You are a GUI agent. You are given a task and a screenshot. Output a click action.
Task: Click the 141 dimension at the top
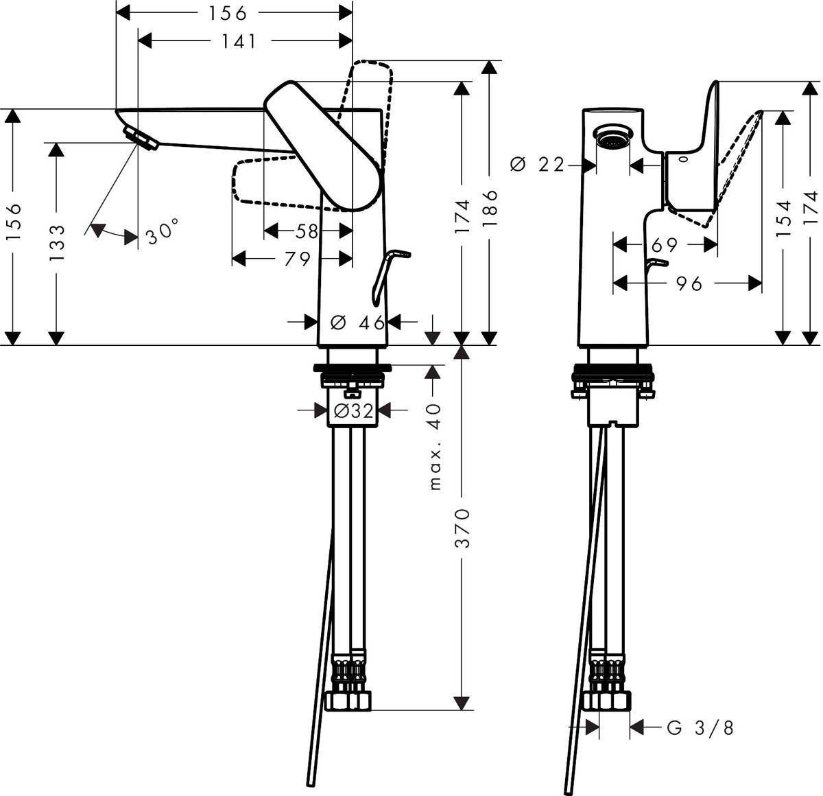(x=239, y=41)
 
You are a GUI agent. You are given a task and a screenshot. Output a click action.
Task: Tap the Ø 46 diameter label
(x=358, y=323)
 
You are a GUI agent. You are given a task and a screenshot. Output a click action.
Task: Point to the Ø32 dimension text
(x=353, y=411)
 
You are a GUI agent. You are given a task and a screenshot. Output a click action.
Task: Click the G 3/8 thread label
(x=700, y=728)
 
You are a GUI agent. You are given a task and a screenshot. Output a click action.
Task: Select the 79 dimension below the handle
(x=298, y=259)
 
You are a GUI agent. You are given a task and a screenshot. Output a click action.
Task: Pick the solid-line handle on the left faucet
(x=322, y=145)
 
